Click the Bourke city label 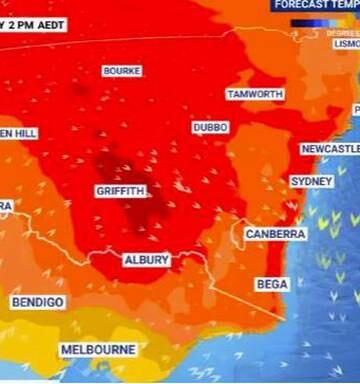point(122,71)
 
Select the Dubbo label point(210,128)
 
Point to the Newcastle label point(330,149)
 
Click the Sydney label point(311,182)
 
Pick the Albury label point(146,259)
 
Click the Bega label point(272,284)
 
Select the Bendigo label point(38,301)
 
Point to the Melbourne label point(98,350)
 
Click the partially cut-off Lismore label point(346,44)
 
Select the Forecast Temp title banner point(314,4)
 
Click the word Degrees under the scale point(341,32)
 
